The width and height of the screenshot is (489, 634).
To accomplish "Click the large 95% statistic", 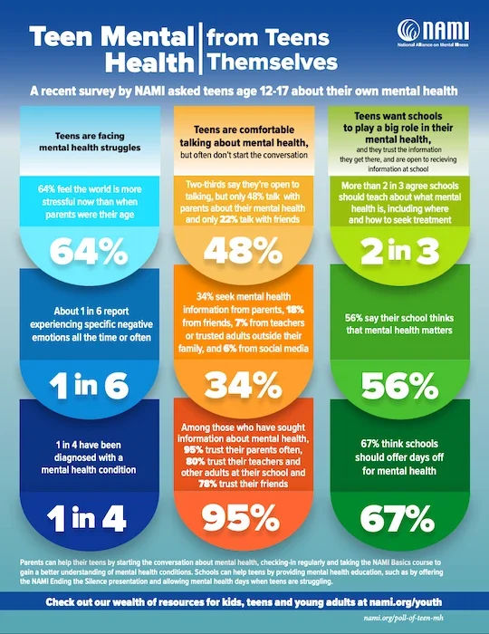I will click(243, 517).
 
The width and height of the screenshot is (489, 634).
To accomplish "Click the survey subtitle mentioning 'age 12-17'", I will click(244, 92).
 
